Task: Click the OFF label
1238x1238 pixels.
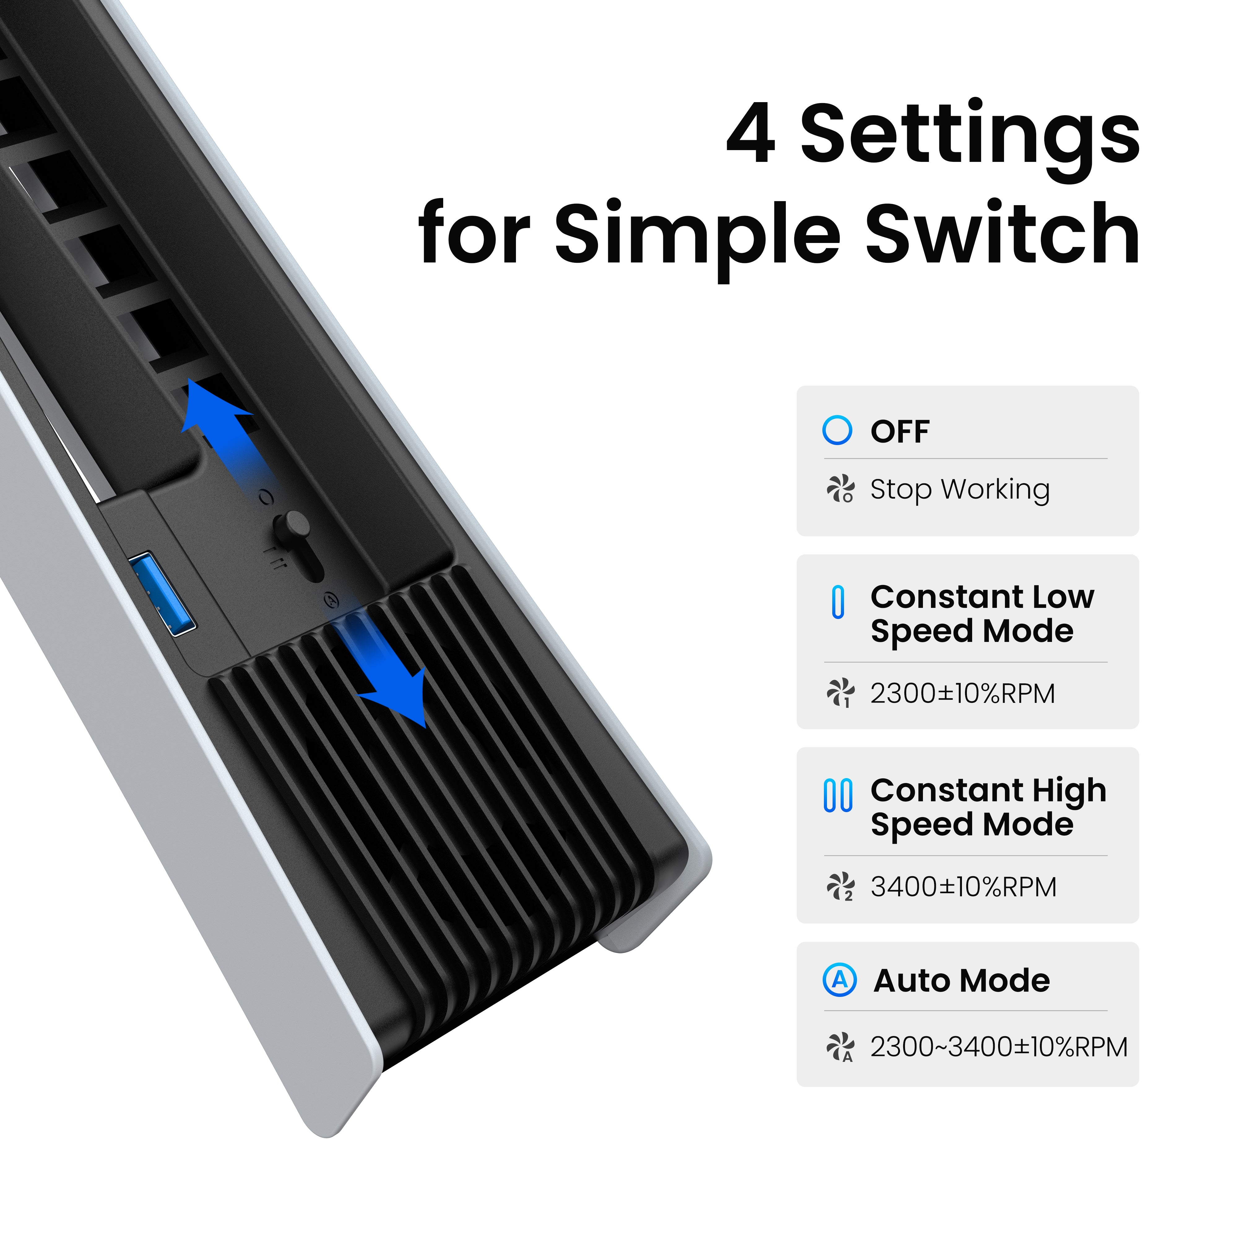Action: tap(900, 431)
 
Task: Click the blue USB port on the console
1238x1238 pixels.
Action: tap(162, 593)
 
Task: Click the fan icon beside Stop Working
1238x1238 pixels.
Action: tap(840, 489)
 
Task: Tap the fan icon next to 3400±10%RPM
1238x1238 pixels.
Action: tap(840, 887)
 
